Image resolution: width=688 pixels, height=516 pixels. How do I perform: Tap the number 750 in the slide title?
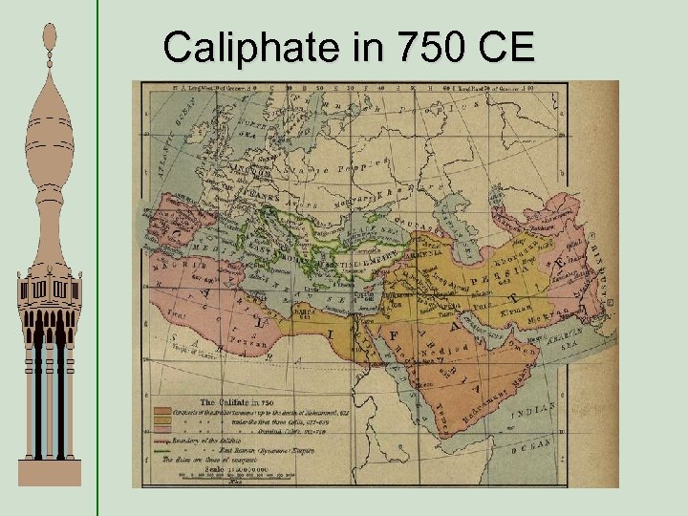click(x=402, y=45)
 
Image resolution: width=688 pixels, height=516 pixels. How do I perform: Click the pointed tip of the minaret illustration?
click(x=50, y=27)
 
